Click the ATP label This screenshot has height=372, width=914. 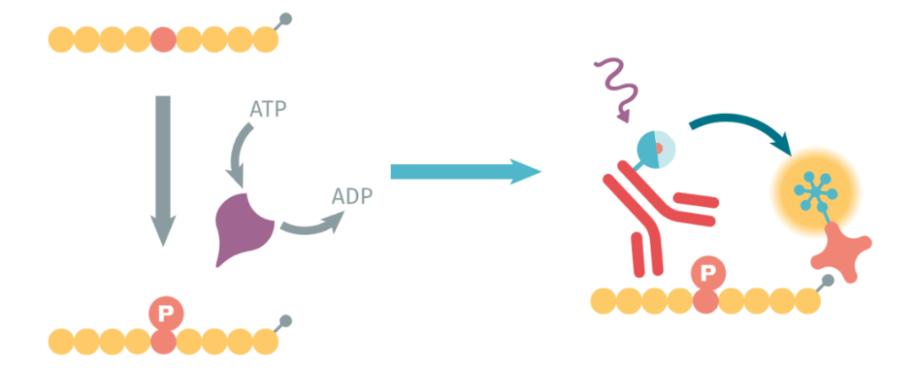pos(268,109)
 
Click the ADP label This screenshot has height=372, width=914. pos(352,196)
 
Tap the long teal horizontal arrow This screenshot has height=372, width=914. pos(465,172)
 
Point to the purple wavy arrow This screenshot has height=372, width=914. pos(617,90)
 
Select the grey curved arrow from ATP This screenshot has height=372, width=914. pos(238,152)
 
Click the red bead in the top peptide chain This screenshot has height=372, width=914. pos(163,40)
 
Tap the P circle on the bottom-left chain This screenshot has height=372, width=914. pos(166,315)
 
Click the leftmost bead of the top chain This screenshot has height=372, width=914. pos(61,40)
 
